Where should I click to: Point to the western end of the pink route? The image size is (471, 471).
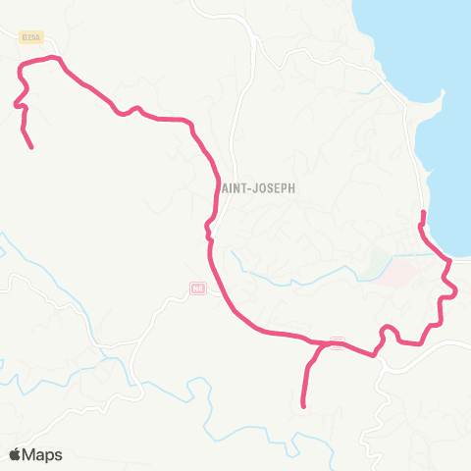pyautogui.click(x=32, y=148)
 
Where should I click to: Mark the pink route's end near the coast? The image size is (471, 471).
pyautogui.click(x=423, y=213)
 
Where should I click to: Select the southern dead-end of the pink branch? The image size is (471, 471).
pyautogui.click(x=303, y=406)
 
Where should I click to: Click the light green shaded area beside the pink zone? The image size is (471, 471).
pyautogui.click(x=378, y=261)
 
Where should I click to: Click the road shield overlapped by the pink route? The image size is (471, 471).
pyautogui.click(x=338, y=342)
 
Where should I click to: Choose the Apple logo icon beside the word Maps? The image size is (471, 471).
pyautogui.click(x=16, y=454)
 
